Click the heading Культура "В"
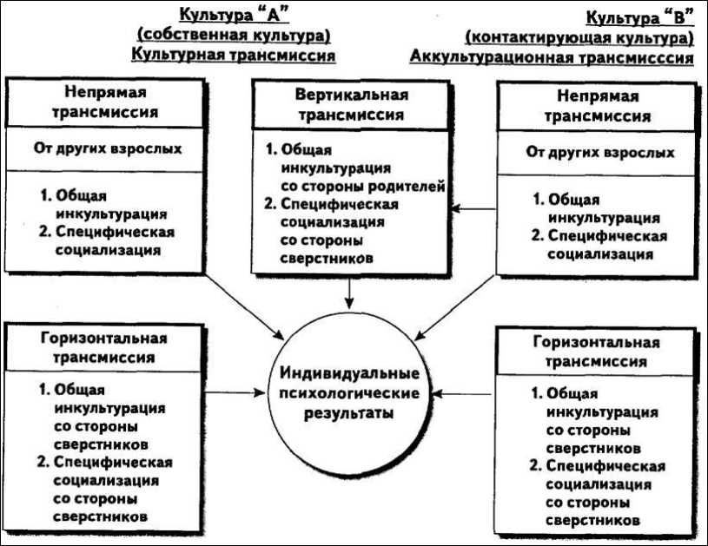(x=639, y=16)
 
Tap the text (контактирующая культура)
(x=579, y=38)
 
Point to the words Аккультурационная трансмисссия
(x=552, y=58)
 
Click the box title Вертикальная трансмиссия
(x=351, y=104)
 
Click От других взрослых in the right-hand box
(x=600, y=153)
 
